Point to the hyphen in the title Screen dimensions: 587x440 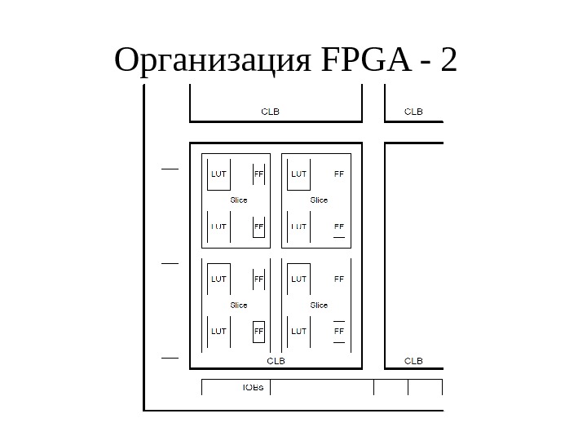pyautogui.click(x=421, y=62)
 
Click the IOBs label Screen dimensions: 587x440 pyautogui.click(x=253, y=387)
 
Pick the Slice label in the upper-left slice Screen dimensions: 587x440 pyautogui.click(x=238, y=200)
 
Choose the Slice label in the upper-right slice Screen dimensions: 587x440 pyautogui.click(x=319, y=200)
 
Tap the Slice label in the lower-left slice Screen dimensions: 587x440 pyautogui.click(x=238, y=305)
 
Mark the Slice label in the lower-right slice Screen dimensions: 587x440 pyautogui.click(x=319, y=305)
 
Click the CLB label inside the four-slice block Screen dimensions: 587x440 pyautogui.click(x=276, y=360)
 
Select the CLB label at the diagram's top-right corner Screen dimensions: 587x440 pyautogui.click(x=414, y=112)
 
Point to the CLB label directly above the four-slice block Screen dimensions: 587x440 pyautogui.click(x=270, y=112)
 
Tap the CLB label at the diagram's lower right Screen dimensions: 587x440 pyautogui.click(x=414, y=360)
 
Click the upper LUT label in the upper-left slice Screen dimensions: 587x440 pyautogui.click(x=218, y=174)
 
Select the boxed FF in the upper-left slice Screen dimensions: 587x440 pyautogui.click(x=258, y=227)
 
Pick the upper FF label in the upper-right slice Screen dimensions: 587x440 pyautogui.click(x=339, y=174)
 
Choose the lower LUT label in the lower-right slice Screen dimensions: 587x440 pyautogui.click(x=298, y=332)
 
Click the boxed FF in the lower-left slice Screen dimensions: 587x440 pyautogui.click(x=258, y=332)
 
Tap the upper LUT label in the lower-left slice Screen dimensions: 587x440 pyautogui.click(x=218, y=279)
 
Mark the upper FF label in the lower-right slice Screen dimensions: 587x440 pyautogui.click(x=339, y=279)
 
